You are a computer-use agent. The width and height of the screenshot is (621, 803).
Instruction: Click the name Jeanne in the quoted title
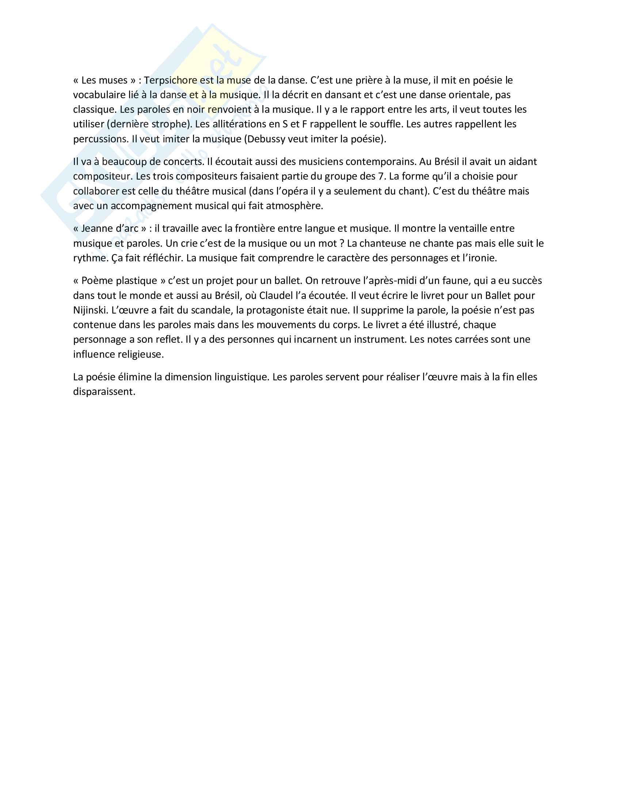pyautogui.click(x=97, y=229)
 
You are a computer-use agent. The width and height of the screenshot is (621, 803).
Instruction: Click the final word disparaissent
pyautogui.click(x=104, y=392)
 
